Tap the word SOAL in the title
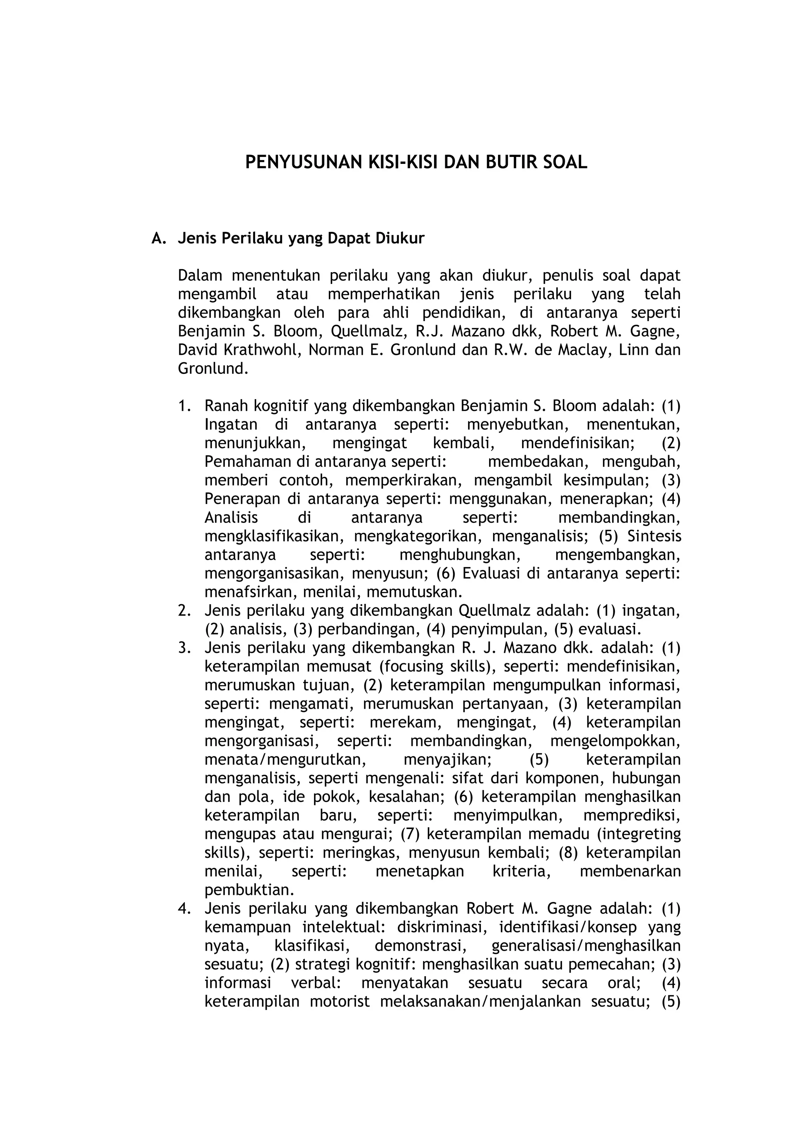(563, 162)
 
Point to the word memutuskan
(415, 592)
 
